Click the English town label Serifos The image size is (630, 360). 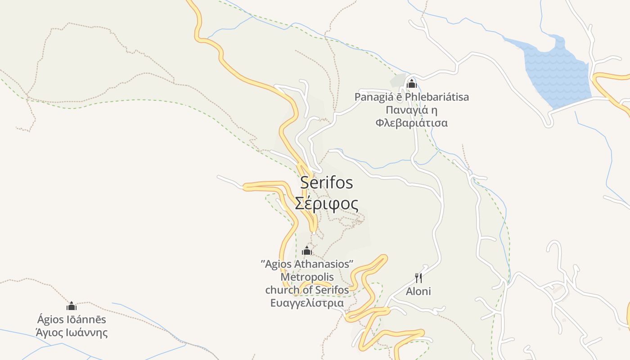pos(326,183)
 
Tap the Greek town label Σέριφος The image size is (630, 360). pos(327,204)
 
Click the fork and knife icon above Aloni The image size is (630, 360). pos(418,278)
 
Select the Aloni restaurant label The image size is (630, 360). pos(418,291)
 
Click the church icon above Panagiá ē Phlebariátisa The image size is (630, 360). pos(411,84)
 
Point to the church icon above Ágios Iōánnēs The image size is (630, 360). pos(72,306)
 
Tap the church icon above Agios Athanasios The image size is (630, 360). pos(307,251)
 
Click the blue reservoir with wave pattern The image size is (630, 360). pos(558,72)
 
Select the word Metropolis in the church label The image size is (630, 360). pos(307,277)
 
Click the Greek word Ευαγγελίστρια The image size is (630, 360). pos(307,303)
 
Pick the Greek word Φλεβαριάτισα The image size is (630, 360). pos(411,123)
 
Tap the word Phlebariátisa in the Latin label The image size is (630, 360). pos(436,97)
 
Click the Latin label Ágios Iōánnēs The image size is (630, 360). pos(72,319)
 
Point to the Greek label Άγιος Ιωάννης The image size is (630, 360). pos(72,333)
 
